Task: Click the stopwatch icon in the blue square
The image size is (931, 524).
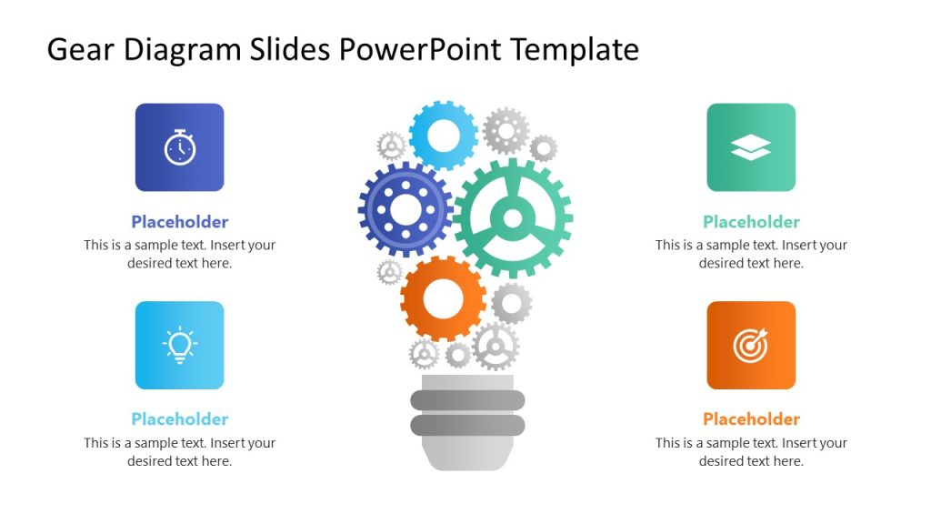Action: click(180, 147)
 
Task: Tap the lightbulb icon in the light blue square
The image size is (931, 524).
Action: click(180, 346)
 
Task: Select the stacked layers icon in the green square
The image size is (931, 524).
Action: click(751, 148)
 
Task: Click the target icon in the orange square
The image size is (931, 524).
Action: click(751, 346)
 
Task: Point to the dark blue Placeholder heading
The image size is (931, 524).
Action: click(180, 222)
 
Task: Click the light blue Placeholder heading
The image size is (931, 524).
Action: click(180, 419)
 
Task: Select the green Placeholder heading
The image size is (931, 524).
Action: click(751, 222)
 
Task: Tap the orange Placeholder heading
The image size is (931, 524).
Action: click(751, 419)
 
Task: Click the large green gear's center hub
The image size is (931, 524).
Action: click(513, 218)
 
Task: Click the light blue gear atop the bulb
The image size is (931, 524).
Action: click(444, 136)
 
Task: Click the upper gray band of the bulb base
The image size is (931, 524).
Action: click(467, 400)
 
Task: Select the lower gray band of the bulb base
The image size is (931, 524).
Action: click(467, 425)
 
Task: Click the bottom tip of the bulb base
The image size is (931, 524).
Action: click(467, 462)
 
